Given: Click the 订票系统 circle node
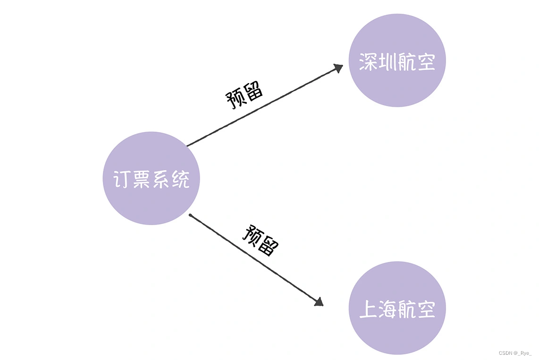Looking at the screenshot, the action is coord(151,156).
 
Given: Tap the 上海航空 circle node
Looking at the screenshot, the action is coord(397,330).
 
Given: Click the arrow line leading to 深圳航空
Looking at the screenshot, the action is coord(264,106).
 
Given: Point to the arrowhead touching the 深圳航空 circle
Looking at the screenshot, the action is coord(337,68).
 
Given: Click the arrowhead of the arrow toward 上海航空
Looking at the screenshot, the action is coord(319,301).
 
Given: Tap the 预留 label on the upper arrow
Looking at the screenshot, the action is coord(244,95).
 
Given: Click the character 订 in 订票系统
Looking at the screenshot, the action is coord(122,179).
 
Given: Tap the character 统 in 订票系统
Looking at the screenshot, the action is coord(180,179).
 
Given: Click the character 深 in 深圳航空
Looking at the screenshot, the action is coord(368,62).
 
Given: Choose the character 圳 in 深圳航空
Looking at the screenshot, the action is coord(387,62).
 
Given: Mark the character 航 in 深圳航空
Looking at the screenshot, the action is coord(407,62).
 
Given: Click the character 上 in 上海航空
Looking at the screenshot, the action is coord(368,309).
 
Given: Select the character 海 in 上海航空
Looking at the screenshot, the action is coord(387,309).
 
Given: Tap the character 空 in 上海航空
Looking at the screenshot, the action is coord(426,309).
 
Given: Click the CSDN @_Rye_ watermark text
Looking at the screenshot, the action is coord(515,353).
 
